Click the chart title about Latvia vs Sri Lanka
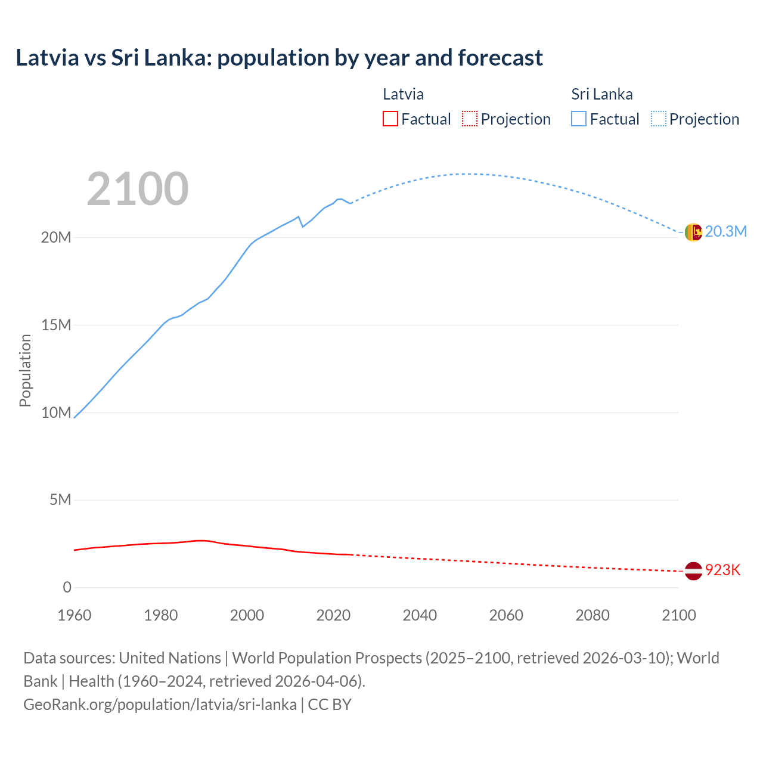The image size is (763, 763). click(x=279, y=58)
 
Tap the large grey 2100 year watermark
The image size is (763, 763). click(x=138, y=189)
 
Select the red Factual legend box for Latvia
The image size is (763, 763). click(x=390, y=119)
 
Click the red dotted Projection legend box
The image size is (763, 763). click(x=470, y=119)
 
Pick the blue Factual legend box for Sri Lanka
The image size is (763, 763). click(x=579, y=119)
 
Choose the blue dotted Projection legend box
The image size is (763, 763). click(x=659, y=119)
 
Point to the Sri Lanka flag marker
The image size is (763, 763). click(x=693, y=232)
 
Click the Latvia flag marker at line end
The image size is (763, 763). click(x=693, y=570)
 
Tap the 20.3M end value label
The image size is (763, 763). click(x=725, y=232)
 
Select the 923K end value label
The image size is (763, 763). click(x=722, y=570)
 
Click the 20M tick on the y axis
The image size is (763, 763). click(x=56, y=238)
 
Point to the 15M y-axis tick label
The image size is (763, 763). click(x=56, y=325)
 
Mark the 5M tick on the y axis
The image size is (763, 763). click(x=60, y=500)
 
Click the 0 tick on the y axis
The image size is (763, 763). click(x=67, y=588)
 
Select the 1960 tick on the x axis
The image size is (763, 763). click(x=75, y=615)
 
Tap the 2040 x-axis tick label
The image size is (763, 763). click(x=420, y=615)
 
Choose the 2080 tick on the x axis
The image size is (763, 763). click(x=593, y=615)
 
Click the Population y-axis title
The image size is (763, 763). click(x=25, y=370)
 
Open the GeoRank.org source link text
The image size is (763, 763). click(x=160, y=705)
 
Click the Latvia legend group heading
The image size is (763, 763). click(x=403, y=94)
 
